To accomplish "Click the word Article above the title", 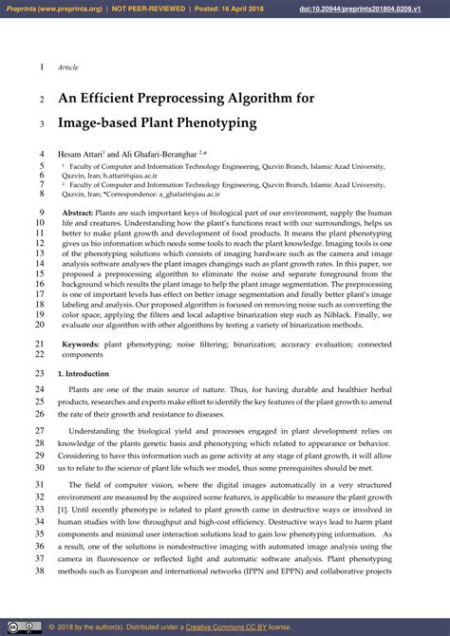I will (69, 68).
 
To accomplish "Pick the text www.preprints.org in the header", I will (70, 9).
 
